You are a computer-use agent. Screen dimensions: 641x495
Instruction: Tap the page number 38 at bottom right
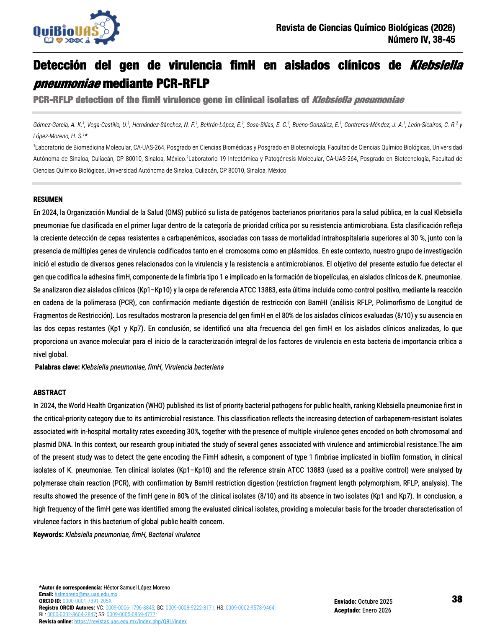pos(457,599)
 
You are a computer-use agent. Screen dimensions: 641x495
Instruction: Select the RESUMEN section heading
pos(48,199)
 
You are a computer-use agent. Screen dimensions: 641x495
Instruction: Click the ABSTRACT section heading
pos(50,393)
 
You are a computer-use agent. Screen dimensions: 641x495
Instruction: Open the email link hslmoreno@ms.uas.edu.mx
pos(86,594)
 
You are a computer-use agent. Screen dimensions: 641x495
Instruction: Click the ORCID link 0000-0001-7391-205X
pos(87,601)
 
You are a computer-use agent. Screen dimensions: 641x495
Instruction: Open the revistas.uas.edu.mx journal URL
pos(130,621)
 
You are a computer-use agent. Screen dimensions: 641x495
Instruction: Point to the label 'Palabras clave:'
pos(57,367)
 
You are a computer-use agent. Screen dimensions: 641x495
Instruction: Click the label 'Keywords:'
pos(49,535)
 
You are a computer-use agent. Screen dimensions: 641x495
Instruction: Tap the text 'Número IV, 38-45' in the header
pos(421,40)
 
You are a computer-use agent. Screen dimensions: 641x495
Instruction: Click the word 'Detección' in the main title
pos(60,65)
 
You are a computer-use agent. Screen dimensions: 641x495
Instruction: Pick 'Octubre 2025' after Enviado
pos(375,602)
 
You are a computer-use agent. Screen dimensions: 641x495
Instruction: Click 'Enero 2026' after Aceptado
pos(376,610)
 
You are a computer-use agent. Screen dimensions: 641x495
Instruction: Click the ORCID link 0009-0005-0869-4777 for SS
pos(131,615)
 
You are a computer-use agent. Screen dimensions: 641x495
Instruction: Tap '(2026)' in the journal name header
pos(443,28)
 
